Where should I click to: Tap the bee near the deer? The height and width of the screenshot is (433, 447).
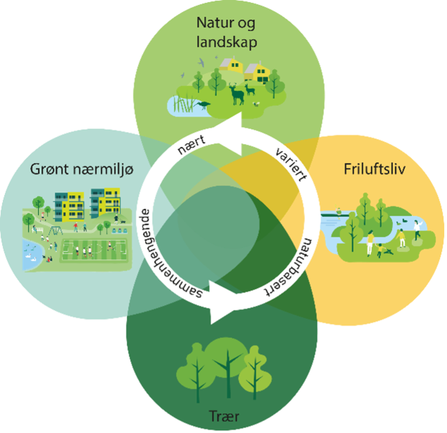click(x=256, y=103)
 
